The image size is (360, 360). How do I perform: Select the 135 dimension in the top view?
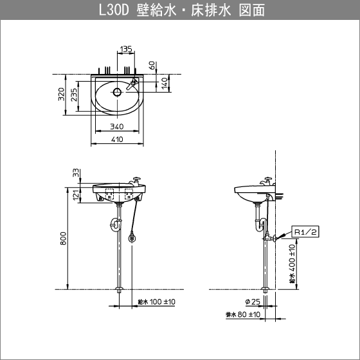(x=126, y=49)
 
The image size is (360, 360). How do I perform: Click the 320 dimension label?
(x=60, y=96)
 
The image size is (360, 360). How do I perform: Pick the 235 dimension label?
(x=74, y=96)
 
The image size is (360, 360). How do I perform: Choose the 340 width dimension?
(x=117, y=127)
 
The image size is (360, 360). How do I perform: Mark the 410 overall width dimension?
(x=117, y=139)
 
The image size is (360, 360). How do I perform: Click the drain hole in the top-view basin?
(x=117, y=91)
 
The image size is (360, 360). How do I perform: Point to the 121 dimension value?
(x=76, y=195)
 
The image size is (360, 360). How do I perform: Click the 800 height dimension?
(x=63, y=239)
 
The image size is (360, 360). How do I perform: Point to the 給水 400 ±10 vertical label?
(x=291, y=264)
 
